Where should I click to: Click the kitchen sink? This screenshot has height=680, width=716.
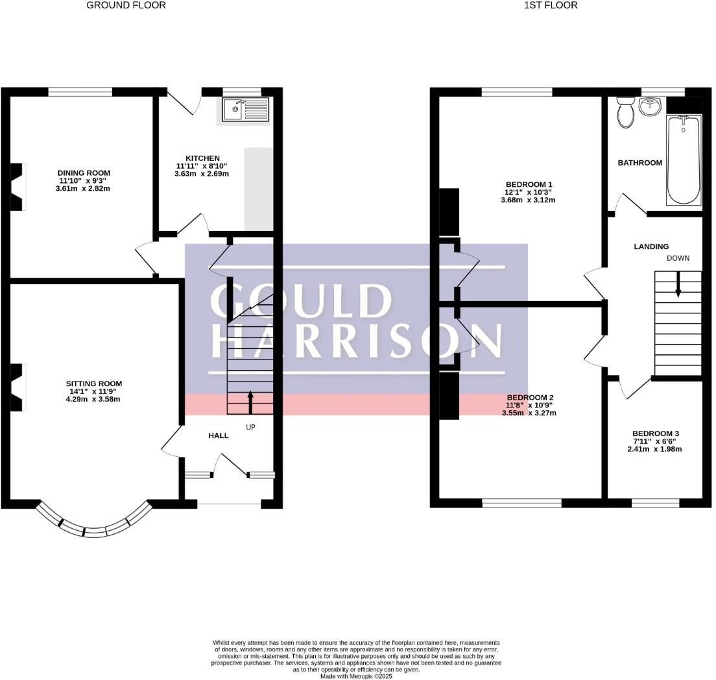click(x=245, y=110)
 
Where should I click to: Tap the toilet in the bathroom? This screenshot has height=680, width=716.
click(x=626, y=114)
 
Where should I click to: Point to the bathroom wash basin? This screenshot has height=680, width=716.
click(x=650, y=106)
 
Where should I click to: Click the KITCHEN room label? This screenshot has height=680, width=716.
click(x=203, y=158)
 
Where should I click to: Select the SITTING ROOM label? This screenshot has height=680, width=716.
click(x=93, y=383)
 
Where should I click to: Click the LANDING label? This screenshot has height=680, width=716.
click(x=651, y=247)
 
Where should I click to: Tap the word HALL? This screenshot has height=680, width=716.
click(x=219, y=435)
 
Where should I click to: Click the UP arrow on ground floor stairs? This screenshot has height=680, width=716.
click(x=251, y=402)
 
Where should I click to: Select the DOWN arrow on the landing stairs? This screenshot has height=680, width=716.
click(x=678, y=284)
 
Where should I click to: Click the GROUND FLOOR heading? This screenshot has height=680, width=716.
click(x=126, y=5)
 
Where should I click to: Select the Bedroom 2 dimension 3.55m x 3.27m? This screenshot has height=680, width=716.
click(x=529, y=413)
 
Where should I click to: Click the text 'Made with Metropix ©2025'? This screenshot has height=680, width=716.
click(x=357, y=675)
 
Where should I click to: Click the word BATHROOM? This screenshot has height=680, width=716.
click(x=639, y=163)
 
